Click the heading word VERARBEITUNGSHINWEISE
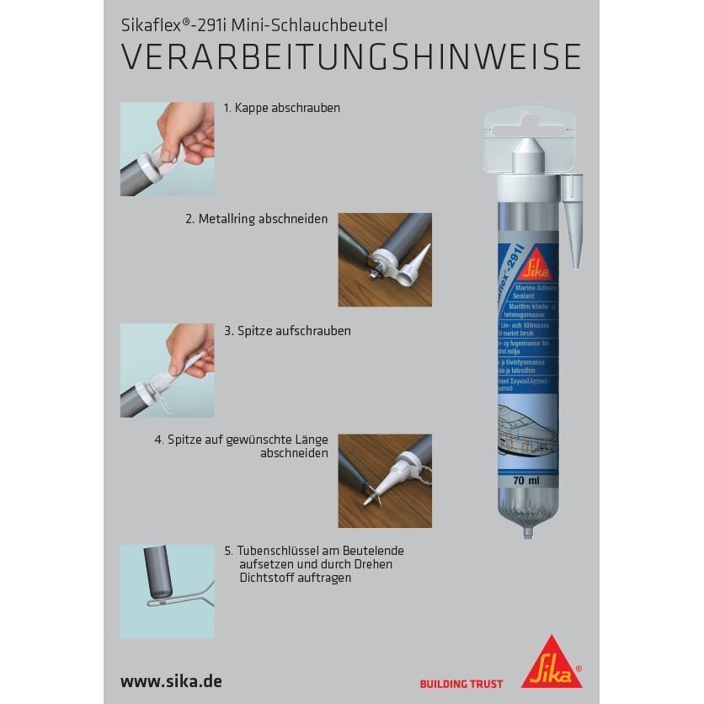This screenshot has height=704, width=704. point(351,57)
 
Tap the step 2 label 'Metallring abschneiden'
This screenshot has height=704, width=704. point(257,219)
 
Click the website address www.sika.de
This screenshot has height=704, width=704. point(171,680)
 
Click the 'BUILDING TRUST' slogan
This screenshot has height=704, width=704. point(461,684)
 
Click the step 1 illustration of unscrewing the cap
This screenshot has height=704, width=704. point(167,149)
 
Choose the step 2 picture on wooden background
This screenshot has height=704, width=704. point(384,259)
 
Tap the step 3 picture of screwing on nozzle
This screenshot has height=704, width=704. point(167,370)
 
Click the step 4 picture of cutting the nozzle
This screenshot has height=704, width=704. point(384,481)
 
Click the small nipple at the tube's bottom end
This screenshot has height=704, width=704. point(527,533)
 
